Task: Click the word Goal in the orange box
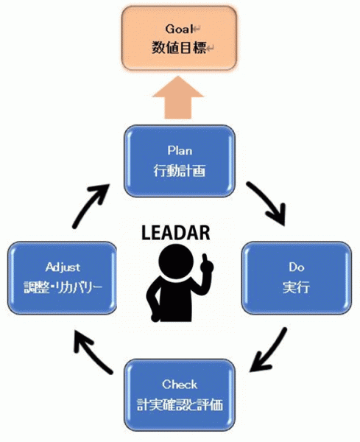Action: (179, 29)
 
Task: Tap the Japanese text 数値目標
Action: (179, 47)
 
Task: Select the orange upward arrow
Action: (178, 97)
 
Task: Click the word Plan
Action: (180, 150)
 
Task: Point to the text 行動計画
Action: (180, 171)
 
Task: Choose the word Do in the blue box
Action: (297, 267)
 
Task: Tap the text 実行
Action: (296, 287)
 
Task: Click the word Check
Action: (180, 385)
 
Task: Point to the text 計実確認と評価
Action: (180, 404)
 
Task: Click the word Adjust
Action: (63, 267)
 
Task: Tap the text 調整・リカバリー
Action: (63, 287)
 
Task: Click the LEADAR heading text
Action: (176, 233)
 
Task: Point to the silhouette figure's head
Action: (177, 261)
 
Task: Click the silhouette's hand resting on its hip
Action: (155, 317)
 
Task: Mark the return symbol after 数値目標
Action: (211, 49)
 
